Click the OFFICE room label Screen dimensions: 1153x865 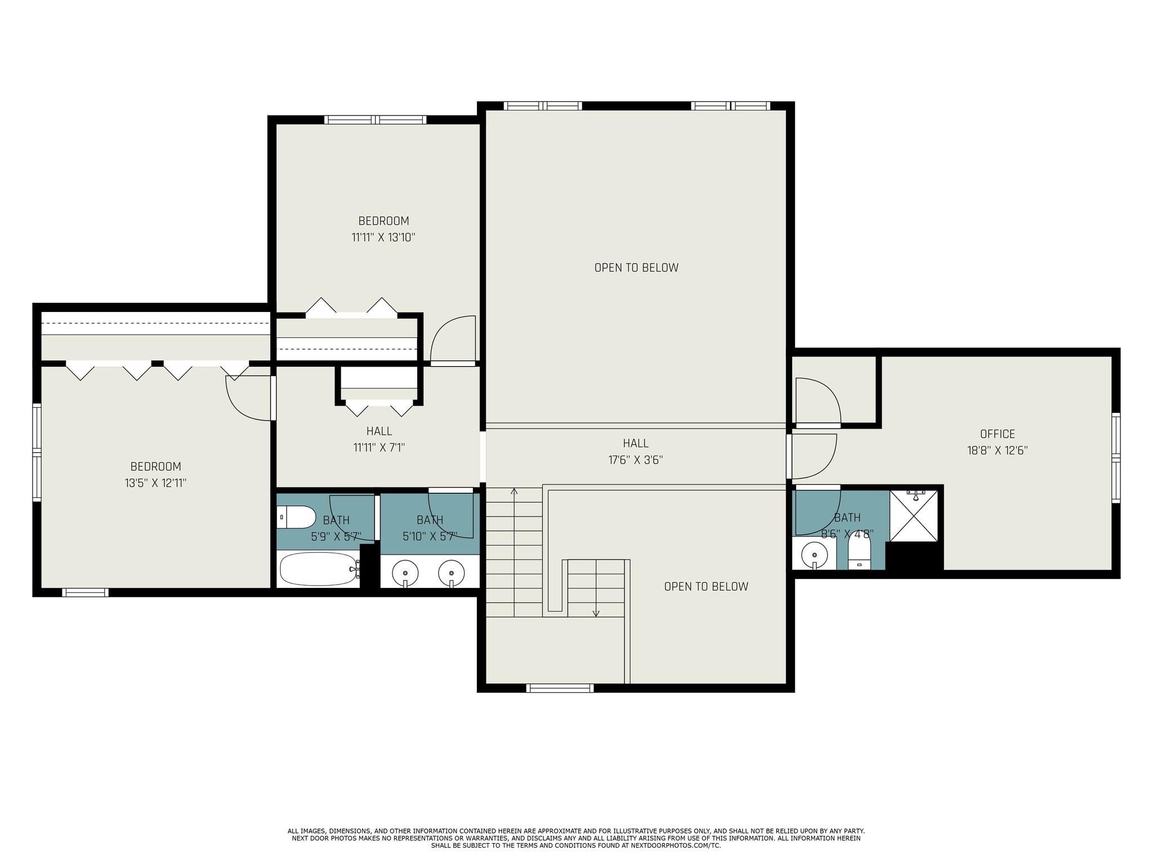pos(997,434)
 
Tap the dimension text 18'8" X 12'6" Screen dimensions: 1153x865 pos(998,451)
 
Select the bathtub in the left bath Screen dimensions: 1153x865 pos(319,569)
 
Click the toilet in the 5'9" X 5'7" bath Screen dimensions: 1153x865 pos(296,517)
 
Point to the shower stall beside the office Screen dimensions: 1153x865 pos(914,516)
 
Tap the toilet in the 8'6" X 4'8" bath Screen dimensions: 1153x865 pos(859,550)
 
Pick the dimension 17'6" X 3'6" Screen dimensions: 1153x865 pos(636,460)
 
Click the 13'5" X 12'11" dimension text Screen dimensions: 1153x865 pos(155,483)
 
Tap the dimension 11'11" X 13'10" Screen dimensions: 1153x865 pos(383,238)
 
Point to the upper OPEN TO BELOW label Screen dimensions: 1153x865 pos(636,268)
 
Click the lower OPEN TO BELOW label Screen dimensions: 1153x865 pos(706,587)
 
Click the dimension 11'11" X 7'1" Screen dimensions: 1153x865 pos(379,448)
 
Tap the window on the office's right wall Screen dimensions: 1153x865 pos(1116,457)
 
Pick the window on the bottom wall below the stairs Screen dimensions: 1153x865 pos(560,688)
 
